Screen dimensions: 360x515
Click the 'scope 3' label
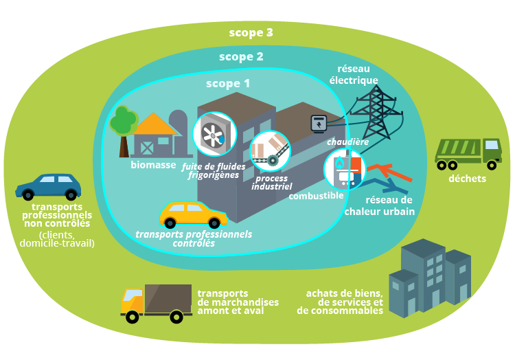coord(251,32)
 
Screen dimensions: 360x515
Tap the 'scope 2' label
coord(241,57)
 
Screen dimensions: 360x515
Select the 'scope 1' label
coord(228,83)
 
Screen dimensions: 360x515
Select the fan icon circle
coord(214,133)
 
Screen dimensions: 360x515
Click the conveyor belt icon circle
coord(268,150)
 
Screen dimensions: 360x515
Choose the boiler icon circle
coord(344,169)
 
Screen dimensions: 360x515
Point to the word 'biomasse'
coord(153,165)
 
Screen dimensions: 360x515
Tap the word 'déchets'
coord(467,179)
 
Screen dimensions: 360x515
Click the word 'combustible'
coord(316,196)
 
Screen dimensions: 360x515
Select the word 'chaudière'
coord(347,142)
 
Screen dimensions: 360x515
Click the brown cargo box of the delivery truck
coord(168,298)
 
